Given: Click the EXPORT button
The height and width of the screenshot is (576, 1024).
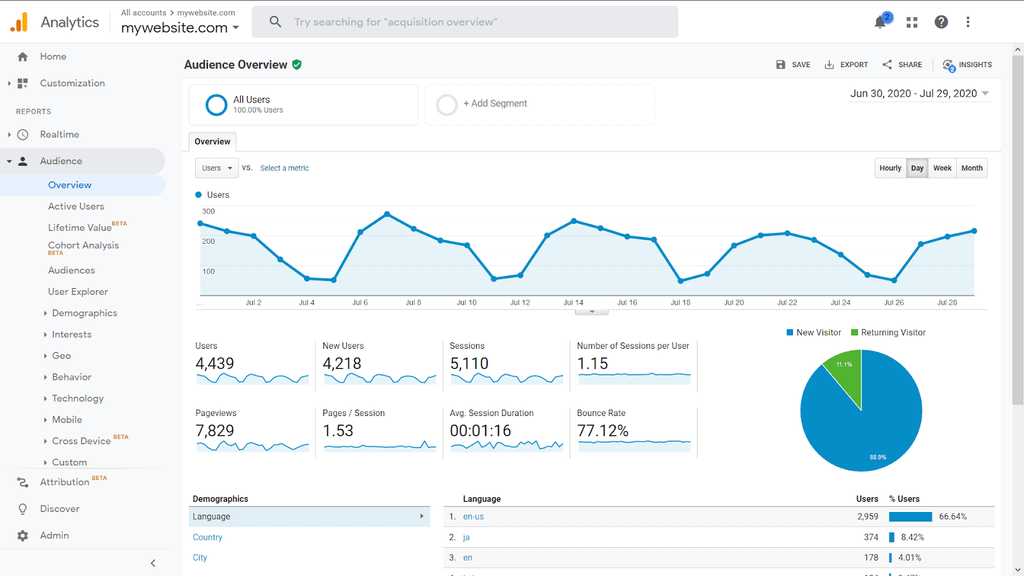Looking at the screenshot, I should click(x=846, y=65).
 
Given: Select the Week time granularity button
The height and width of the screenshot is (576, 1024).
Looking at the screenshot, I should click(x=942, y=168).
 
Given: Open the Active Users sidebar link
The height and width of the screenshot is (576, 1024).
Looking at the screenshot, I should click(x=76, y=206).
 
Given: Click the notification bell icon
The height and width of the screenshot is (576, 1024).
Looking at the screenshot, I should click(x=880, y=22).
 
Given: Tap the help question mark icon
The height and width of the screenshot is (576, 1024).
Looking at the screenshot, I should click(x=941, y=22).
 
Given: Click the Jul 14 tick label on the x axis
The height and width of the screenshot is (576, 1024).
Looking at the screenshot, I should click(x=573, y=303).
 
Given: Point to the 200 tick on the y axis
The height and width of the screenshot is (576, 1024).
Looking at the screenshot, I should click(x=209, y=241).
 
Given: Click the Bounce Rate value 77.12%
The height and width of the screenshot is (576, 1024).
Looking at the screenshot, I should click(x=603, y=431).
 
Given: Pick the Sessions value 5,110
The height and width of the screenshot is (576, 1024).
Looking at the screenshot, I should click(x=469, y=364).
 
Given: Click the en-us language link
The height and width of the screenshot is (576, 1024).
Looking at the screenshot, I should click(x=474, y=517).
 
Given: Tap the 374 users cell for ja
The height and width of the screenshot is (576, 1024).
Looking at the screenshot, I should click(x=871, y=538).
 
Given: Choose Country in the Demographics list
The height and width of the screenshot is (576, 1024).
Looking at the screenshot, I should click(x=207, y=538).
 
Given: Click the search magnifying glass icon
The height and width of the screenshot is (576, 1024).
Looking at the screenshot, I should click(x=275, y=22).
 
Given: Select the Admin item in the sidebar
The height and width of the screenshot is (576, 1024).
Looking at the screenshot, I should click(x=54, y=536).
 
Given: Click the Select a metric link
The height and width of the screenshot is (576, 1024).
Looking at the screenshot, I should click(x=284, y=168).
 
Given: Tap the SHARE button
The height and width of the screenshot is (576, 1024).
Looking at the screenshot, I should click(x=902, y=65).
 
